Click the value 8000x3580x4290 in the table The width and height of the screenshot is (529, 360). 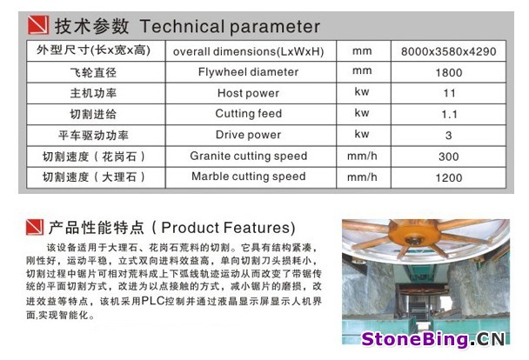[448, 51]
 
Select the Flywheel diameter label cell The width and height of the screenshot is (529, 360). [248, 72]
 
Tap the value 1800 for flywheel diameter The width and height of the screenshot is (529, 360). [449, 73]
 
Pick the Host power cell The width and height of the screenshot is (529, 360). [248, 93]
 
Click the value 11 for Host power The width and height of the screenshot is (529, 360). [449, 93]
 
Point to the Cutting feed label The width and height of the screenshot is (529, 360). [249, 114]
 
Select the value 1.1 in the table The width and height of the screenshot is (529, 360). [449, 115]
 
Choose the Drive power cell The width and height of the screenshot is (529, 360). [248, 135]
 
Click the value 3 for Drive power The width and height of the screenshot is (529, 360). [448, 136]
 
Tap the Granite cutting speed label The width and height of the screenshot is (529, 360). [249, 156]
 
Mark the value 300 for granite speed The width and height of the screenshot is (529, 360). [449, 157]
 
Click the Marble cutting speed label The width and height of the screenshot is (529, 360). [249, 177]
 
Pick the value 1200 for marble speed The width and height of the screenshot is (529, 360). [449, 178]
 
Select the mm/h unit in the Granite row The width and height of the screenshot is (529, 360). [362, 156]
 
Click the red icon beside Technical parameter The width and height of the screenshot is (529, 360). [38, 24]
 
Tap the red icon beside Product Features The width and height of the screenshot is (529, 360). [35, 227]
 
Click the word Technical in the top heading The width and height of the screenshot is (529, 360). [182, 26]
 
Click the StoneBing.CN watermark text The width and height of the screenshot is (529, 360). [433, 339]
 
